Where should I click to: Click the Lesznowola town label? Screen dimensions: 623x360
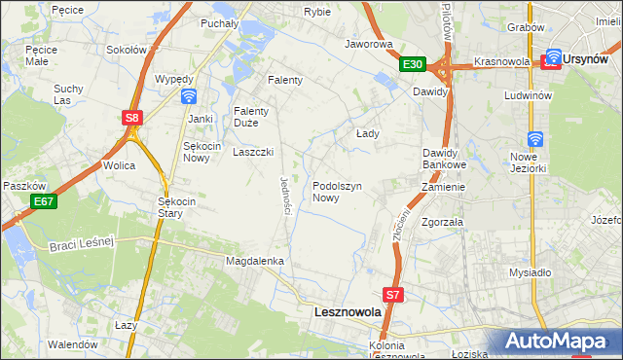coord(347,313)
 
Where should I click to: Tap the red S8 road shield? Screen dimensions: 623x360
coord(133,118)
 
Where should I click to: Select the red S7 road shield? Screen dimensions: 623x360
coord(392,294)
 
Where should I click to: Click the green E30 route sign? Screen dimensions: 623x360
coord(413,64)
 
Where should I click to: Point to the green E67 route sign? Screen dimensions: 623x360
coord(42,201)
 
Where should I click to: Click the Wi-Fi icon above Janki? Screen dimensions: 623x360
coord(189,96)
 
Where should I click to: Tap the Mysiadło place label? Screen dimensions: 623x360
coord(530,273)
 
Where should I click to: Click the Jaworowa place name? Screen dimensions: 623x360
coord(368,44)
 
